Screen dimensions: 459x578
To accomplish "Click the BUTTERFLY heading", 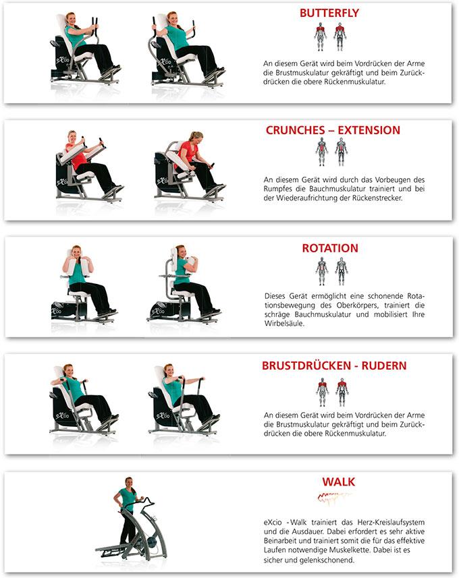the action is (x=329, y=13).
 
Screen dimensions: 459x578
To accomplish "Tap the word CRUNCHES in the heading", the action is (x=295, y=130).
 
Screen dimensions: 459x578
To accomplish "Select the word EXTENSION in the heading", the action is (x=369, y=130).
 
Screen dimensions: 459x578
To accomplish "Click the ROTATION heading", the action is (x=330, y=248).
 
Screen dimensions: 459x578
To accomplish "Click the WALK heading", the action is (x=338, y=482).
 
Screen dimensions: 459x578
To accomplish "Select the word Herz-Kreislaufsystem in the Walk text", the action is (x=391, y=522).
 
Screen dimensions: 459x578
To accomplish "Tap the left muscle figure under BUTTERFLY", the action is (x=320, y=36).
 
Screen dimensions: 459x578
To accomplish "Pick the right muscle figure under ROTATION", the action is (x=342, y=271).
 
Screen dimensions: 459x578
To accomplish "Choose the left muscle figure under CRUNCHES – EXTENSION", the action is (x=322, y=152).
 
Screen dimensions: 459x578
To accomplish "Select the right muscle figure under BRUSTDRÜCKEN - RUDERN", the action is (x=342, y=393).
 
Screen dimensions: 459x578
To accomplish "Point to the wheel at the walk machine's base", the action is (x=152, y=543).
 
